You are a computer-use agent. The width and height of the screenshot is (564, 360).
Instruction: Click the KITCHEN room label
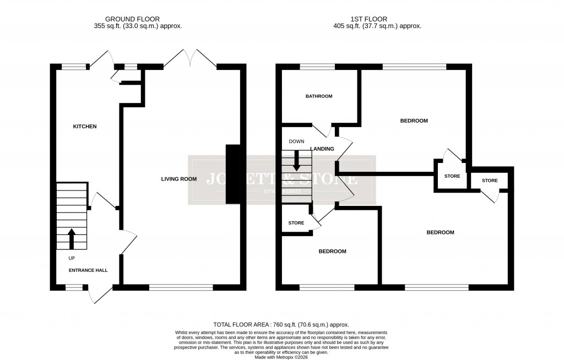(85, 127)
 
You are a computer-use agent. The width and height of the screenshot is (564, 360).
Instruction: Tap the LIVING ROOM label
(179, 179)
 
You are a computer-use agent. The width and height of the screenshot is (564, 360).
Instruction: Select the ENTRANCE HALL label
(88, 270)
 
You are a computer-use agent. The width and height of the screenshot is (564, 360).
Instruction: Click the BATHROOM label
(319, 96)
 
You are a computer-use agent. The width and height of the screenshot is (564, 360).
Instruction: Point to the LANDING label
(322, 149)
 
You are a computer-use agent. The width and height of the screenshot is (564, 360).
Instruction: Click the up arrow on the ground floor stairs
(71, 238)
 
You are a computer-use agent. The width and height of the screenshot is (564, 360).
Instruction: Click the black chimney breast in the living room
(233, 174)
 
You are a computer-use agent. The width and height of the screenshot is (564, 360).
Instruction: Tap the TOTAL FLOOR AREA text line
(281, 325)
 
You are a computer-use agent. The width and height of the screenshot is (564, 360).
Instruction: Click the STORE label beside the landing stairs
(296, 223)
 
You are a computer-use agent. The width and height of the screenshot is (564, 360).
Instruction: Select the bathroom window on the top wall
(318, 67)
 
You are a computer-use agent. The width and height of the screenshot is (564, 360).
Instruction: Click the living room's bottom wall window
(181, 287)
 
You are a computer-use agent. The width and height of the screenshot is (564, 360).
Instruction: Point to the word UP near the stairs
(72, 258)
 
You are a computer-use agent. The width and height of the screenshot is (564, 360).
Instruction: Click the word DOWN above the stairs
(296, 141)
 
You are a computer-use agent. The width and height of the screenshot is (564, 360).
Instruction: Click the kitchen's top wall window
(74, 67)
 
